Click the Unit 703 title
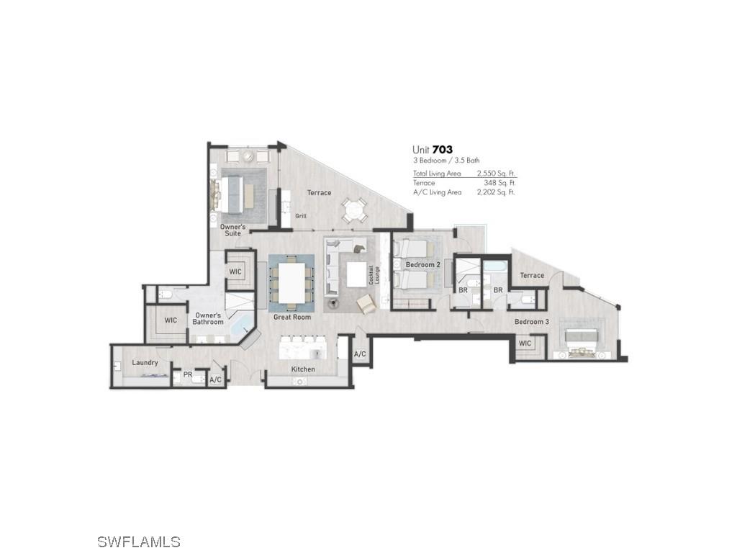point(433,150)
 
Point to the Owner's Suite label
point(232,230)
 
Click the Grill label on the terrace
point(301,216)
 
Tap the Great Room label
point(292,317)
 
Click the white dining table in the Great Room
point(292,283)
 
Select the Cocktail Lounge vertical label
point(372,274)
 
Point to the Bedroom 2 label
point(422,265)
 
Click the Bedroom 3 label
point(531,322)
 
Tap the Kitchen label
point(303,369)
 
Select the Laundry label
point(145,362)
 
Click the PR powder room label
point(187,374)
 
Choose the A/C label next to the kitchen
point(360,354)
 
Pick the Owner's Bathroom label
point(208,318)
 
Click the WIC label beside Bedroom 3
point(525,343)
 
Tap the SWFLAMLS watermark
point(139,541)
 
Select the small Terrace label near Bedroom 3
point(532,276)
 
